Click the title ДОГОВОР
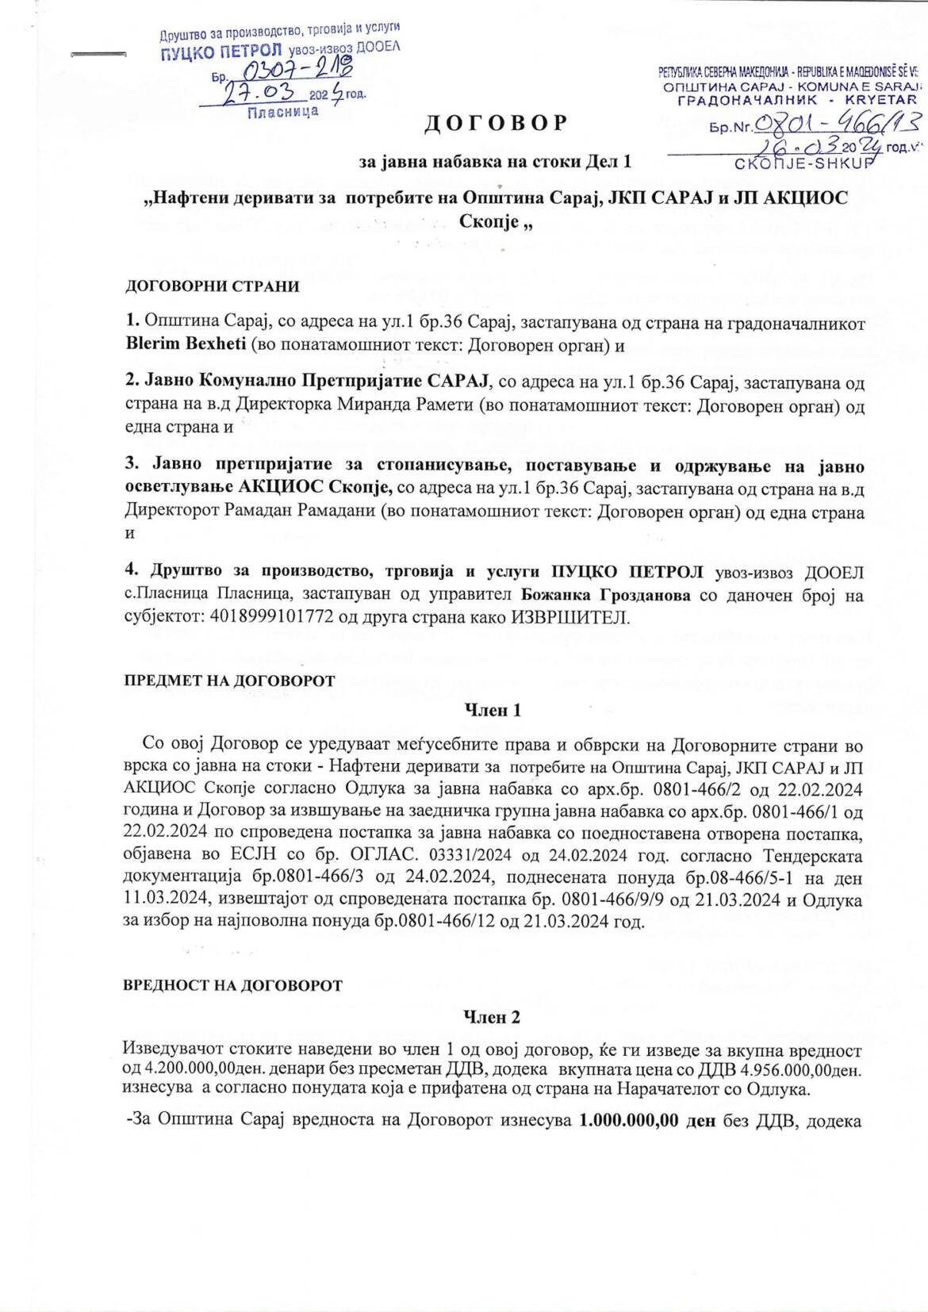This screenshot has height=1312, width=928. pyautogui.click(x=497, y=123)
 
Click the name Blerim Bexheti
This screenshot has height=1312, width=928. pyautogui.click(x=179, y=345)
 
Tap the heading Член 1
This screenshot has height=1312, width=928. pyautogui.click(x=491, y=710)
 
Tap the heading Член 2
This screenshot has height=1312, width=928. pyautogui.click(x=491, y=1016)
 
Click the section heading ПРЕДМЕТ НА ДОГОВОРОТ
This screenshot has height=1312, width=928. pyautogui.click(x=230, y=681)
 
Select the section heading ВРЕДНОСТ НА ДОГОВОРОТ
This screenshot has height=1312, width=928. pyautogui.click(x=233, y=985)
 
